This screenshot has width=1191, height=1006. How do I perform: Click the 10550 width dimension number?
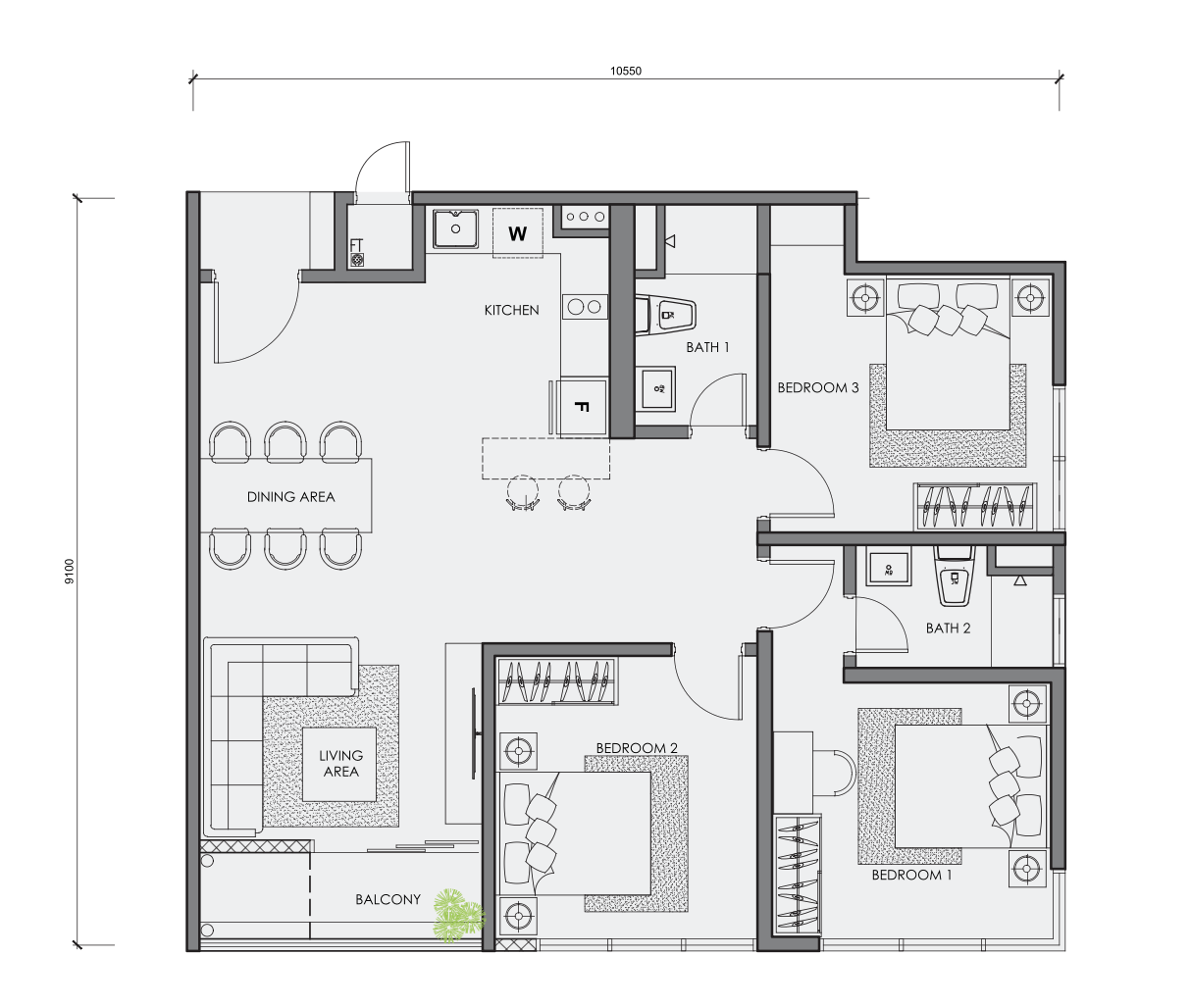click(626, 71)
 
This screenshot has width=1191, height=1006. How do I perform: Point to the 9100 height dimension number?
click(69, 572)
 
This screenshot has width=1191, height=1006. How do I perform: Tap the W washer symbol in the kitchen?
click(517, 233)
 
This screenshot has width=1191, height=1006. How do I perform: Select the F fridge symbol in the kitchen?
click(582, 407)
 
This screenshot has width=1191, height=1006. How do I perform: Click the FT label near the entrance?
click(356, 245)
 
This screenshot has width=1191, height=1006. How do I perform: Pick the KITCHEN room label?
click(512, 311)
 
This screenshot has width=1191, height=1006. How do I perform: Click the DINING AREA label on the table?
click(290, 497)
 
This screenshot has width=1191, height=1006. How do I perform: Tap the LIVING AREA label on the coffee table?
click(341, 763)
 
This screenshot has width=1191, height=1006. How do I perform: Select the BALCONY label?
click(388, 899)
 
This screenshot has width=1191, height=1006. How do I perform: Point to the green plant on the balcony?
click(459, 915)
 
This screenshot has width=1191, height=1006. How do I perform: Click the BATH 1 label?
click(707, 347)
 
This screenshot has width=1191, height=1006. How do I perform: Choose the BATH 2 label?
click(948, 629)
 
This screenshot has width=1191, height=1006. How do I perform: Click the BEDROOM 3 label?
click(818, 387)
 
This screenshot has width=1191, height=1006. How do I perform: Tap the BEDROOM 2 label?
click(637, 748)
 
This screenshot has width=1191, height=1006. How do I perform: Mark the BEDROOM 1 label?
click(911, 876)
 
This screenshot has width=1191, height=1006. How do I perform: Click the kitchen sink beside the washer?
click(455, 228)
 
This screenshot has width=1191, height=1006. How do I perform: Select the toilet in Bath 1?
click(665, 315)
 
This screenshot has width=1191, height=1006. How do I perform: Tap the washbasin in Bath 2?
click(889, 570)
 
